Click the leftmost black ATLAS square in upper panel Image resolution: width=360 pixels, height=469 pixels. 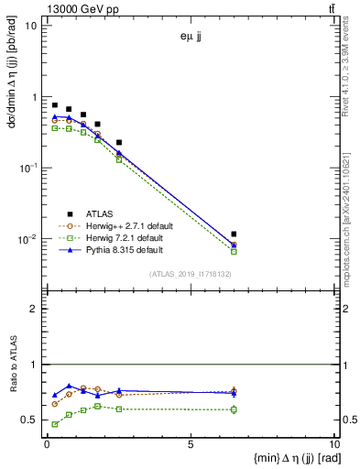54,105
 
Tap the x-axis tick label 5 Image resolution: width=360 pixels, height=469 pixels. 190,444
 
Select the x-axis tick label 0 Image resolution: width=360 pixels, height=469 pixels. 47,444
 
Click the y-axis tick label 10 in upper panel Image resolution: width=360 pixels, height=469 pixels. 31,26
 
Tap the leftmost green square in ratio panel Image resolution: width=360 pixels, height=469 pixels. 54,424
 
